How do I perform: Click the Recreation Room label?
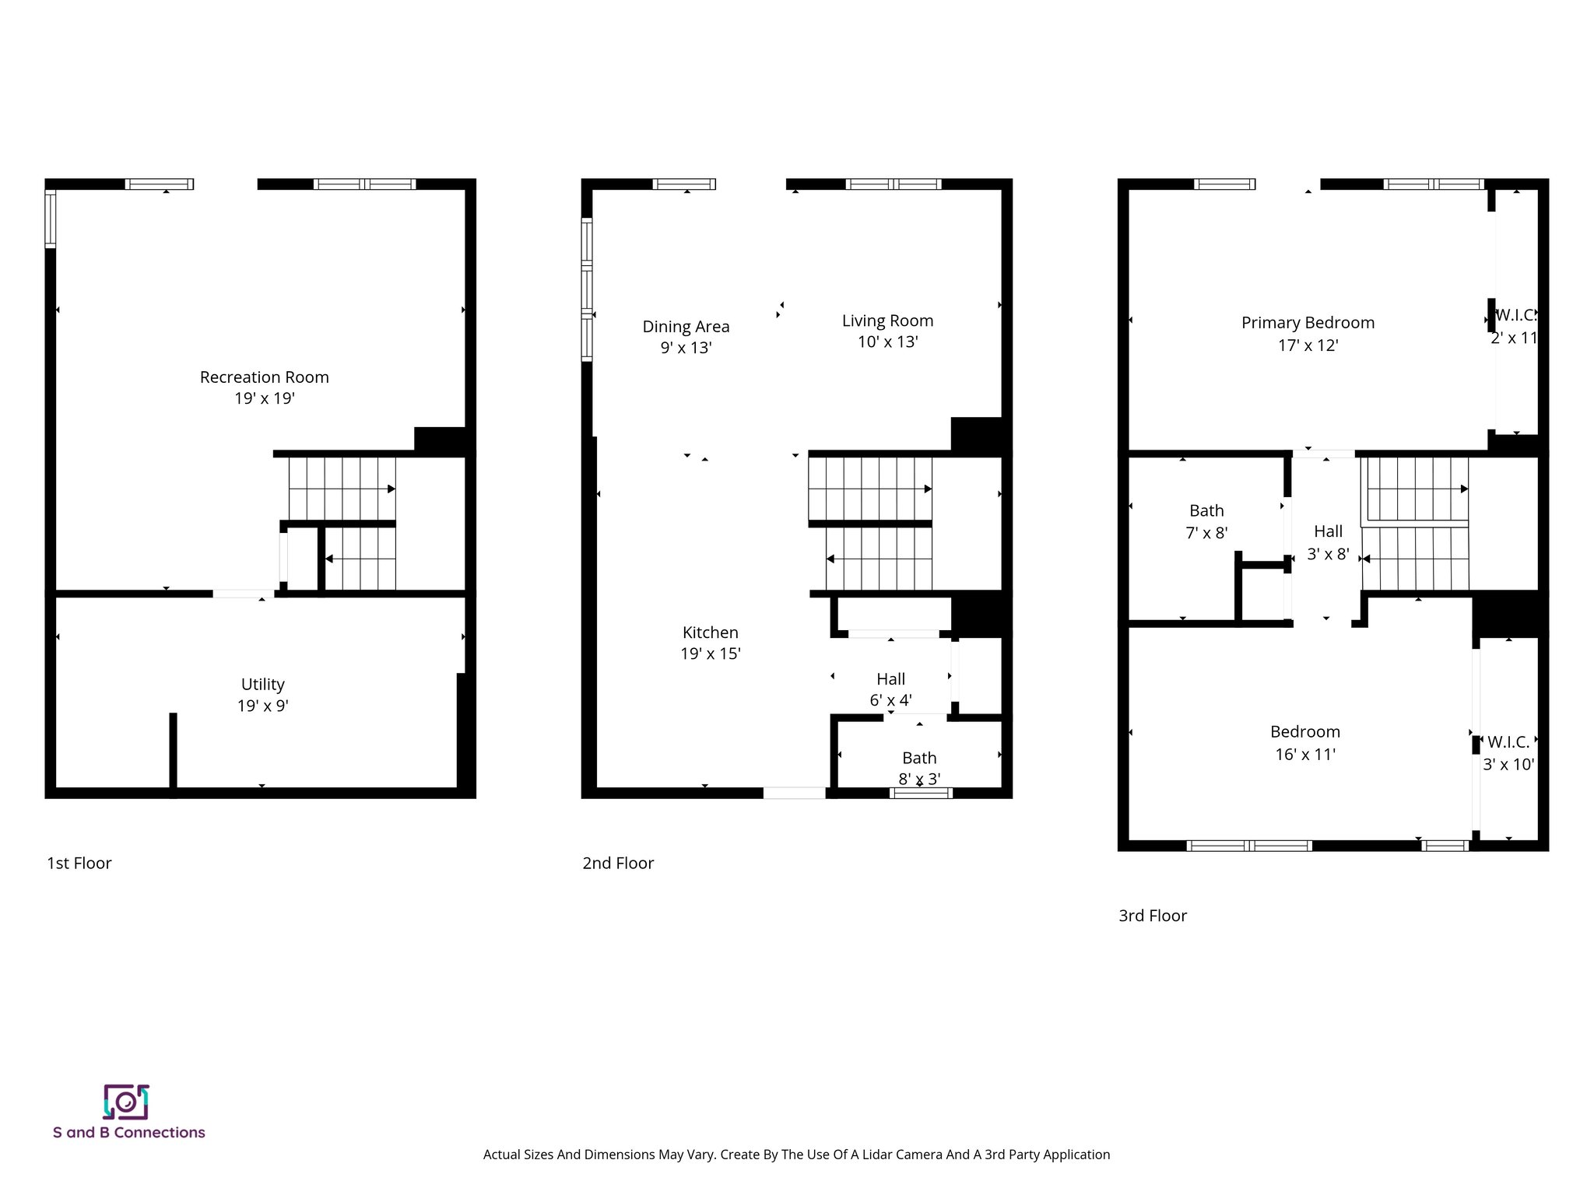[264, 377]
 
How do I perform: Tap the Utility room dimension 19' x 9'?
[263, 706]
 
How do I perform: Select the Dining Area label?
[686, 327]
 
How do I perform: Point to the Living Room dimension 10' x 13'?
[888, 342]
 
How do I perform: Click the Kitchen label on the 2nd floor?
[710, 633]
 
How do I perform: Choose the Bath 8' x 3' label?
[919, 768]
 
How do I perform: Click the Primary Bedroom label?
[1308, 323]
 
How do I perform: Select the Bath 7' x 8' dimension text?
[1206, 534]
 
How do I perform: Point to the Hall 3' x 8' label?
[1328, 542]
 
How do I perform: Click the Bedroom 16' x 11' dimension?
[1305, 755]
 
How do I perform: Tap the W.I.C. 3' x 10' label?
[1508, 753]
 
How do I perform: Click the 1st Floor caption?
[79, 864]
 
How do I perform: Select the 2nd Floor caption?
[618, 864]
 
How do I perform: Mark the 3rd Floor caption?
[1153, 916]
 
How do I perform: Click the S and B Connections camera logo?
[126, 1102]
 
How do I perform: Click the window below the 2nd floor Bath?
[921, 793]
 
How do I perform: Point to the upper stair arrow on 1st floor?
[391, 489]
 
